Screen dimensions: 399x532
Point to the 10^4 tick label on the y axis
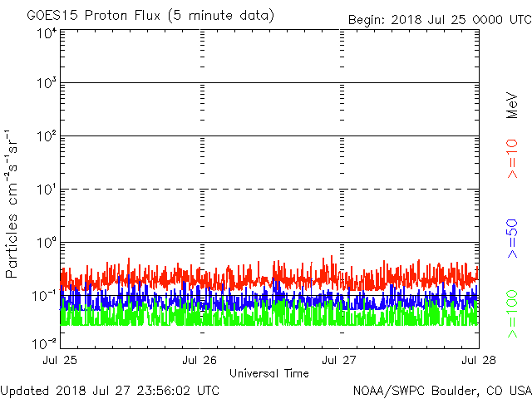[47, 33]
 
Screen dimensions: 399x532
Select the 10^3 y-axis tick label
[47, 84]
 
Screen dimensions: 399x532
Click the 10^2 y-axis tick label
[47, 136]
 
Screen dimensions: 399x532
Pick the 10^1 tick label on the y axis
[47, 190]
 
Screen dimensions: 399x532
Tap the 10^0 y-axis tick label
[47, 243]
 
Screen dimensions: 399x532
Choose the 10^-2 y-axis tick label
[45, 342]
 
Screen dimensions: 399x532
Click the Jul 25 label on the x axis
[62, 361]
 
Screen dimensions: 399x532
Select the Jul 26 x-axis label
[199, 361]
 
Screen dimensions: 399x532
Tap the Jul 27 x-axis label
[339, 361]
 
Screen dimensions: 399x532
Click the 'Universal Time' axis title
[268, 373]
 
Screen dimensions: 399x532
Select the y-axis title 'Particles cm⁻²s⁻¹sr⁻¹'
[14, 204]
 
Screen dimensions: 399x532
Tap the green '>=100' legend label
[512, 314]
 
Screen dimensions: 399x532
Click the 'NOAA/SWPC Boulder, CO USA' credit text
[441, 390]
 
